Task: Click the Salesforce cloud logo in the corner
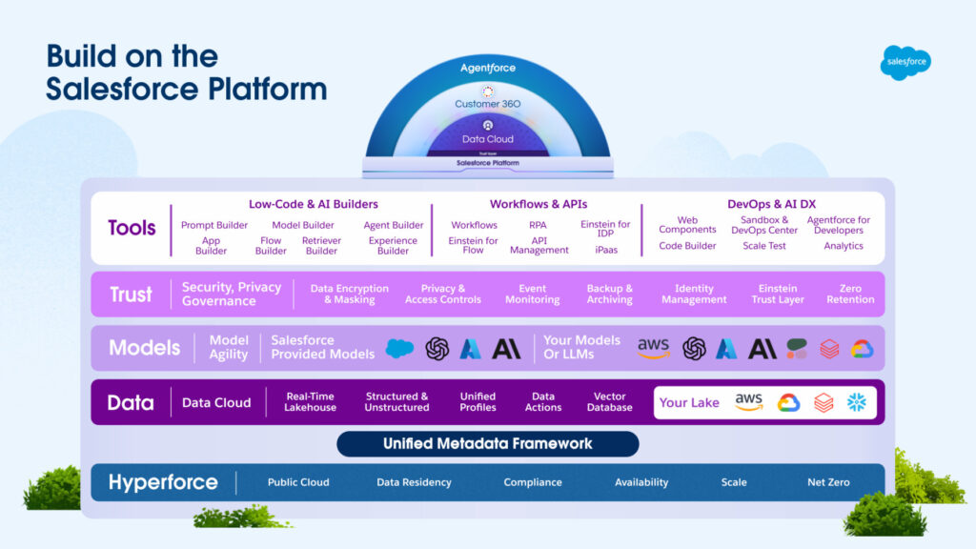905,62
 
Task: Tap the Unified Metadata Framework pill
487,443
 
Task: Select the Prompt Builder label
214,226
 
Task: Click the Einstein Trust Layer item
778,294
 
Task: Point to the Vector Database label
610,402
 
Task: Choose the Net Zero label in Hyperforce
828,482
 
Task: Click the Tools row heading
132,229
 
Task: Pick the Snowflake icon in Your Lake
857,402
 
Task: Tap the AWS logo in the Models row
654,348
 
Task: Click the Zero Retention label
850,294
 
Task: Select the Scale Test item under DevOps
763,246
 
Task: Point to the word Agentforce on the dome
488,69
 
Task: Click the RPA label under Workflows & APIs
538,226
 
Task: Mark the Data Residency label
414,482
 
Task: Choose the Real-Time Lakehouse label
310,402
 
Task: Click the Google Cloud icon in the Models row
863,349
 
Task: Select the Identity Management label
694,294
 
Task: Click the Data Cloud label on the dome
488,139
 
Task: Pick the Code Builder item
687,246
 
